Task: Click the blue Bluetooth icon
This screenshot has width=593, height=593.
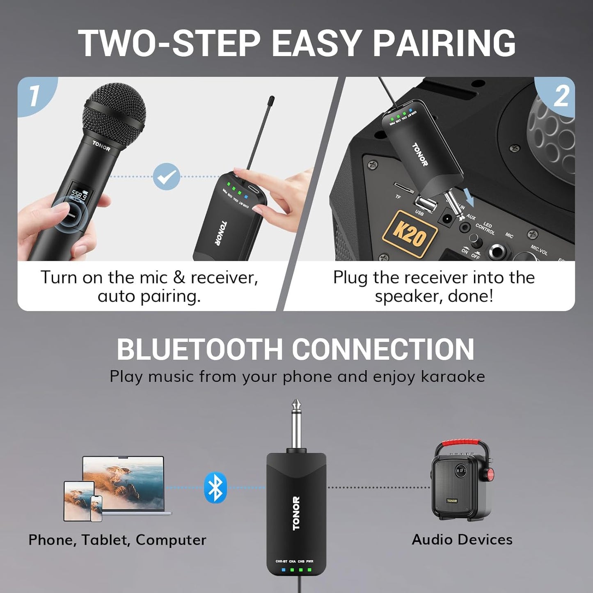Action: point(215,488)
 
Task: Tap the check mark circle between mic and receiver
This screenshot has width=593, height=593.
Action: point(167,177)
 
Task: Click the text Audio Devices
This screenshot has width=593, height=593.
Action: point(462,539)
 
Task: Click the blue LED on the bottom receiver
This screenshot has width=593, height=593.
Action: point(283,570)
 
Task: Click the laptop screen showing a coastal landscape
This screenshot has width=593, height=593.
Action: point(123,476)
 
